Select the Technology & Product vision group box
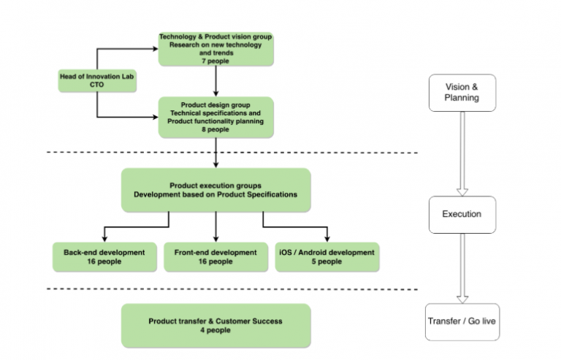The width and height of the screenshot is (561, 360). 215,49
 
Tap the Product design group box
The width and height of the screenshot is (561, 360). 216,117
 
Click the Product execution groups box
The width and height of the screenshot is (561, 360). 215,189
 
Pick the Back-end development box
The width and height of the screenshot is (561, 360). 104,257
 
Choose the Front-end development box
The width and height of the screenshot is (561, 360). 215,257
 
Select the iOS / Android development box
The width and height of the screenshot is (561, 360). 327,257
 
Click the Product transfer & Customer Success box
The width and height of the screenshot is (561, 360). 215,325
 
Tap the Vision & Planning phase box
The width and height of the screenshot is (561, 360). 461,92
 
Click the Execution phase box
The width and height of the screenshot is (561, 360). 461,214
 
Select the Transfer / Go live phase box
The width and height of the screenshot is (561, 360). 462,321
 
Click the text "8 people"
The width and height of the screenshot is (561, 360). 216,129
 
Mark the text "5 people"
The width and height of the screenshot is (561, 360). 327,261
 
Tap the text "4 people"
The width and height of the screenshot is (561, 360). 215,330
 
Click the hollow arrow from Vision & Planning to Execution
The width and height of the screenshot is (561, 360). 461,153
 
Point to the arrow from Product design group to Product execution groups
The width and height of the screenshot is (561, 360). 216,153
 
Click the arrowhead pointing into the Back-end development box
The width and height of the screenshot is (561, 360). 104,238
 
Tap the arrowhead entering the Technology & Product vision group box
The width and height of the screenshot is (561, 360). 156,49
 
